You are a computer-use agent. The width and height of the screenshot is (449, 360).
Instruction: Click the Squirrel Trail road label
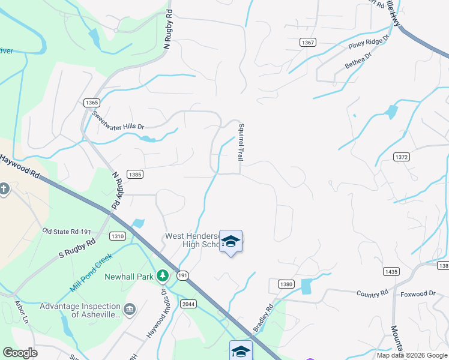(x=240, y=142)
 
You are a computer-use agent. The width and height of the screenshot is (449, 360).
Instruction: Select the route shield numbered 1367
(x=309, y=42)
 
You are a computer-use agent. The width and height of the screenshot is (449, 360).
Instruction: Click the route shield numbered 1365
(x=92, y=103)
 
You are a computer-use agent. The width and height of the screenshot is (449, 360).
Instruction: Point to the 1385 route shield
(x=135, y=174)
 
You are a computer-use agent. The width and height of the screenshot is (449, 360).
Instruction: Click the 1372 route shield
(x=402, y=157)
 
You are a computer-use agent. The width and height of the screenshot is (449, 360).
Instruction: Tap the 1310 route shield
(x=118, y=236)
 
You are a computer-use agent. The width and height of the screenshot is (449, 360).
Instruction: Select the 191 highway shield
(x=183, y=274)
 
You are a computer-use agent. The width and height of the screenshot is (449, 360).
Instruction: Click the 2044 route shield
(x=188, y=303)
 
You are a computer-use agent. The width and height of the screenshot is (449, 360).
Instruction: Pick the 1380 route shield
(x=286, y=283)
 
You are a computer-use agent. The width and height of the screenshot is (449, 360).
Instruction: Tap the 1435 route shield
(x=391, y=272)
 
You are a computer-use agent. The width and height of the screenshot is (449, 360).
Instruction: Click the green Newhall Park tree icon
(x=162, y=275)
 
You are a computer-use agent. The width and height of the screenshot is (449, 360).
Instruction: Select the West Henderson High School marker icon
(x=231, y=242)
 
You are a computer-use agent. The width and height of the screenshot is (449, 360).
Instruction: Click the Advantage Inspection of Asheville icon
(x=129, y=310)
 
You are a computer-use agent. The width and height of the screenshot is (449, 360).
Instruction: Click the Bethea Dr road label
(x=358, y=59)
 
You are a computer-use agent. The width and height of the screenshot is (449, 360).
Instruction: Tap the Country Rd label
(x=372, y=294)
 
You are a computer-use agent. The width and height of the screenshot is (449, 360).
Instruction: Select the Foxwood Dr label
(x=418, y=293)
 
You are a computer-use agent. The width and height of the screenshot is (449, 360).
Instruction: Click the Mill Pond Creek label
(x=91, y=272)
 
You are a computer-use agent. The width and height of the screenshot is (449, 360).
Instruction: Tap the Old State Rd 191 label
(x=66, y=231)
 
